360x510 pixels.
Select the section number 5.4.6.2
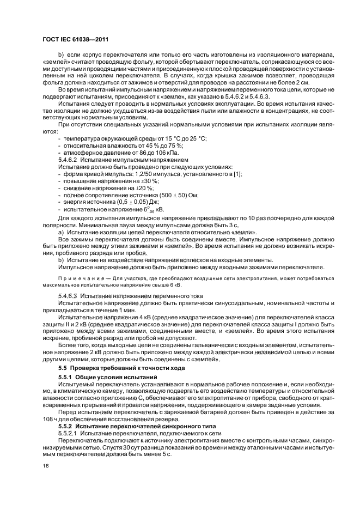click(69, 160)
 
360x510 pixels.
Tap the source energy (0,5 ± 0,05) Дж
click(131, 202)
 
